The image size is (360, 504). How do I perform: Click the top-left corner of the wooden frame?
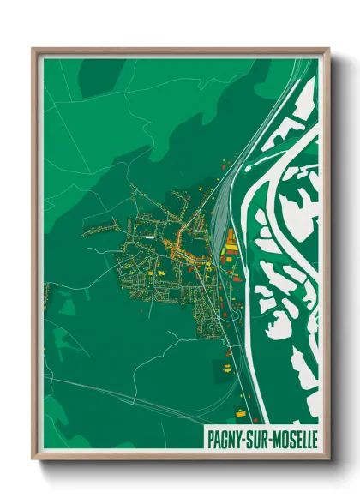[33, 49]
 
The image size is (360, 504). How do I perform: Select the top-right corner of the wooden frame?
[328, 49]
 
